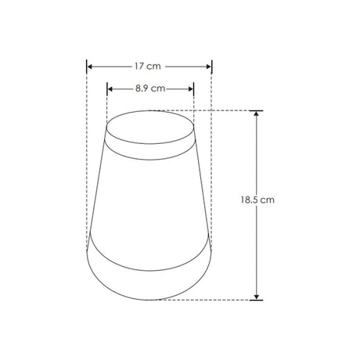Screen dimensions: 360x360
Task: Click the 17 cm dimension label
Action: pyautogui.click(x=148, y=67)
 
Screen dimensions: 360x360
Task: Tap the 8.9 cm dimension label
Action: pyautogui.click(x=150, y=88)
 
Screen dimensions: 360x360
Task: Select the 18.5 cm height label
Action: pyautogui.click(x=257, y=200)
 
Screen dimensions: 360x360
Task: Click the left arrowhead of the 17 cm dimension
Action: pyautogui.click(x=89, y=67)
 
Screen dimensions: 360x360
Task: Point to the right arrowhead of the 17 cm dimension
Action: pyautogui.click(x=208, y=67)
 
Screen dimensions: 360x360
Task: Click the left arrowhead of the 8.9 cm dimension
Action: pyautogui.click(x=110, y=89)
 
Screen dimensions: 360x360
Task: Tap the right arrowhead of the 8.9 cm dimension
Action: pyautogui.click(x=191, y=89)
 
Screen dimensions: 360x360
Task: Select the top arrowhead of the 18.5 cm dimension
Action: pyautogui.click(x=257, y=113)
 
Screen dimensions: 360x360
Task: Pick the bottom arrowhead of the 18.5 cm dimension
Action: pyautogui.click(x=257, y=297)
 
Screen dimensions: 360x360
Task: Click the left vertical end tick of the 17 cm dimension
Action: pyautogui.click(x=87, y=67)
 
